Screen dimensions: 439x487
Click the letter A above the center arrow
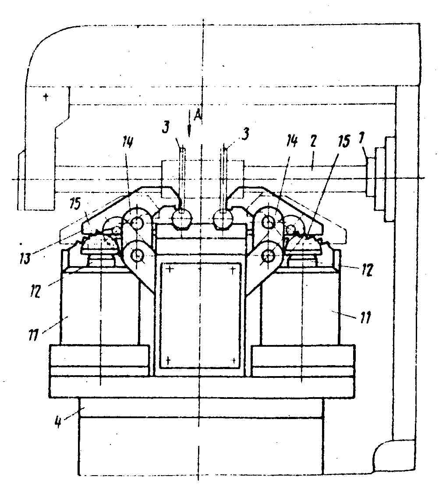pyautogui.click(x=198, y=115)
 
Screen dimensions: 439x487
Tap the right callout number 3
pyautogui.click(x=245, y=134)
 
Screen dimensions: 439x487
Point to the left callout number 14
pyautogui.click(x=127, y=143)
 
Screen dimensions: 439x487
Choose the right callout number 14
pyautogui.click(x=291, y=141)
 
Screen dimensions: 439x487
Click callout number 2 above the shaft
pyautogui.click(x=313, y=141)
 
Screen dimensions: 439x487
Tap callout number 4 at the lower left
pyautogui.click(x=58, y=423)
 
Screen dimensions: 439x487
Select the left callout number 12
pyautogui.click(x=35, y=291)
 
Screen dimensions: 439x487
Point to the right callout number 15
pyautogui.click(x=343, y=141)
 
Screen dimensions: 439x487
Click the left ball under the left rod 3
pyautogui.click(x=183, y=220)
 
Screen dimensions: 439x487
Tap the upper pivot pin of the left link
pyautogui.click(x=137, y=222)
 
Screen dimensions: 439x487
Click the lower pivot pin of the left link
pyautogui.click(x=137, y=255)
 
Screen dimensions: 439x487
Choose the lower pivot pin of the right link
pyautogui.click(x=267, y=256)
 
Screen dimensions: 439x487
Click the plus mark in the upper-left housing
pyautogui.click(x=46, y=97)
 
